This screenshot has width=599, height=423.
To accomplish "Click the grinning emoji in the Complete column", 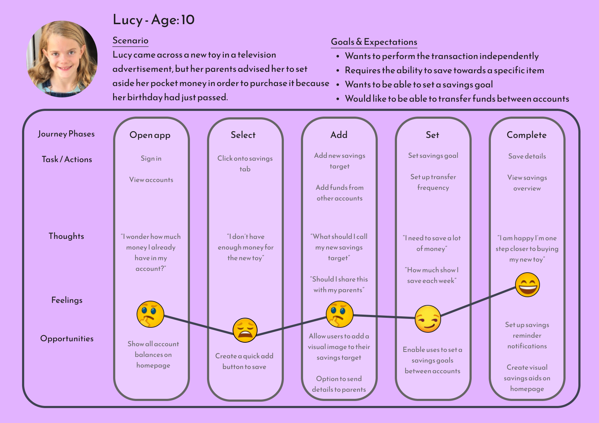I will coord(528,285).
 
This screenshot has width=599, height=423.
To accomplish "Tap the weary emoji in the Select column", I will coord(245,330).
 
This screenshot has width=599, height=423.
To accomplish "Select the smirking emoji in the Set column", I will coord(428,319).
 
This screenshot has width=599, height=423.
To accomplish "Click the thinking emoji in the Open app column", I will coord(150,314).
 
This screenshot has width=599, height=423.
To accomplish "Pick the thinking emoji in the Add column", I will coord(340,314).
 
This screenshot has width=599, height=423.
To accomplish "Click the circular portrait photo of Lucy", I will coord(62,59).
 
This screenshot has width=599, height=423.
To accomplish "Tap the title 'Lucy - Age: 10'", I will coord(154,20).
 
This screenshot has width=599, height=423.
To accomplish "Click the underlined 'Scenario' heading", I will coord(130,41).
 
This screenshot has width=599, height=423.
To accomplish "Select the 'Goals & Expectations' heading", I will coord(374,42).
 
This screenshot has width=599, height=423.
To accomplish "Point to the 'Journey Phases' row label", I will coord(66,134).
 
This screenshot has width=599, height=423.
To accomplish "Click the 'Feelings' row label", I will coord(67,300).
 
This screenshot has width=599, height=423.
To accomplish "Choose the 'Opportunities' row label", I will coord(67,338).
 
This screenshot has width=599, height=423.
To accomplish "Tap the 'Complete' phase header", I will coord(526,135).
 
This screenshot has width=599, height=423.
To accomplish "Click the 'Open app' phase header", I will coord(150,135).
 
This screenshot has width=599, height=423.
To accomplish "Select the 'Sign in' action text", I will coord(151,159).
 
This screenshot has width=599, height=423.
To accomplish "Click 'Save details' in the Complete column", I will coord(527,156).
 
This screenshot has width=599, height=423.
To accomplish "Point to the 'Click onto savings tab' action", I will coord(245,164).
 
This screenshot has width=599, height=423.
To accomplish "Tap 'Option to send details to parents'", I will coord(339,384).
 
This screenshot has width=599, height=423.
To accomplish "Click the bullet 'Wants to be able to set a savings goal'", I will coord(419,85).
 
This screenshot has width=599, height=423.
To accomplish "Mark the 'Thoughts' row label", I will coord(66,236).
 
